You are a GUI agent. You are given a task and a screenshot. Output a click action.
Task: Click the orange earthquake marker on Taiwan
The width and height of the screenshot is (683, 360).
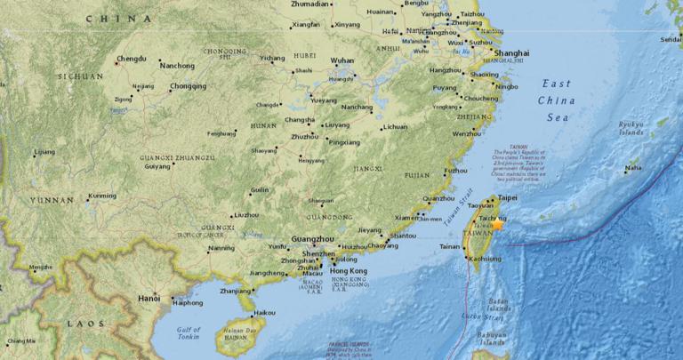(498, 227)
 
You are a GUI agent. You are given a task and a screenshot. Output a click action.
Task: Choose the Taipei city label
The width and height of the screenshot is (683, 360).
(507, 197)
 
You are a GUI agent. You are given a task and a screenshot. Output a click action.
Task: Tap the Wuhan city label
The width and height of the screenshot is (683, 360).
(342, 60)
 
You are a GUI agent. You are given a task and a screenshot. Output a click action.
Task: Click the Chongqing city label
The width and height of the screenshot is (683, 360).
(188, 87)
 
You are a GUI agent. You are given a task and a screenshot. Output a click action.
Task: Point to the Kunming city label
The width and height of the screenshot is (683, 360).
(101, 196)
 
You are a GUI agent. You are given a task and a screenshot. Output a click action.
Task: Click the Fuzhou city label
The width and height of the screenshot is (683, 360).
(455, 170)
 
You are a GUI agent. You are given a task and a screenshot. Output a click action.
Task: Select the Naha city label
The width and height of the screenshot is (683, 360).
(633, 167)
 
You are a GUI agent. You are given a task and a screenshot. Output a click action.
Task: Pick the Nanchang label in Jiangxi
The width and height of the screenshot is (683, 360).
(357, 108)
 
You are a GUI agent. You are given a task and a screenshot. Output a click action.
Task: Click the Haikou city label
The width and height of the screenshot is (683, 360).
(264, 313)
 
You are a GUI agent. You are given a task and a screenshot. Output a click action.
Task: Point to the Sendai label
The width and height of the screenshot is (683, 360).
(671, 40)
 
